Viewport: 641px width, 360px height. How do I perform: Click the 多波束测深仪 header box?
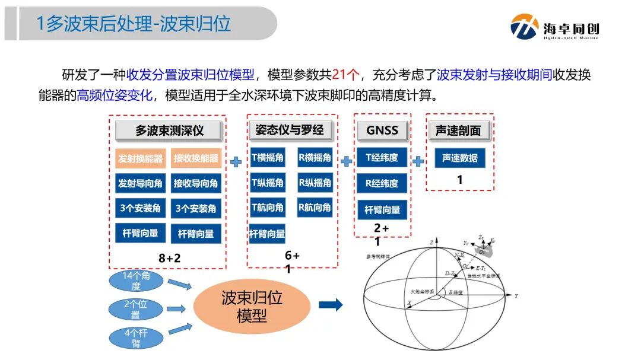[167, 130]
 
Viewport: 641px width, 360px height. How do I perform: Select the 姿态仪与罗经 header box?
[293, 129]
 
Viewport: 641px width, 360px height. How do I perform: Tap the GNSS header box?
[382, 129]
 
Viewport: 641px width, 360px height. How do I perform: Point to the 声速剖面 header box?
[459, 130]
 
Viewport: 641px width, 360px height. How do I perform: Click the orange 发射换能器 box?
[140, 158]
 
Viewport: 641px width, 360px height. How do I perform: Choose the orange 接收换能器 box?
[196, 158]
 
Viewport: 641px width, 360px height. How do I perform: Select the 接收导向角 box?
[196, 183]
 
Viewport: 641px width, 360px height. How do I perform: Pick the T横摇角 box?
[267, 158]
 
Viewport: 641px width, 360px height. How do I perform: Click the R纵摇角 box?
[315, 183]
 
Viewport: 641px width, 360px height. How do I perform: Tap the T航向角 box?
[267, 208]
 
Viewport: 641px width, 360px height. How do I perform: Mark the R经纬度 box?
[382, 183]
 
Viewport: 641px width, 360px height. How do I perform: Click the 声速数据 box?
[459, 158]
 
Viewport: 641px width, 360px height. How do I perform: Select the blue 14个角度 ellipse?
[136, 281]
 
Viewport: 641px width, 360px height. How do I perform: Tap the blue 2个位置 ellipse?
[136, 309]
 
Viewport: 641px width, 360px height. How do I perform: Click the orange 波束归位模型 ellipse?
[252, 306]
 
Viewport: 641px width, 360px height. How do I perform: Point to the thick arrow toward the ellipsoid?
[331, 305]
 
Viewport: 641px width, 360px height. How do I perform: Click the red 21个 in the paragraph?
[346, 75]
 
